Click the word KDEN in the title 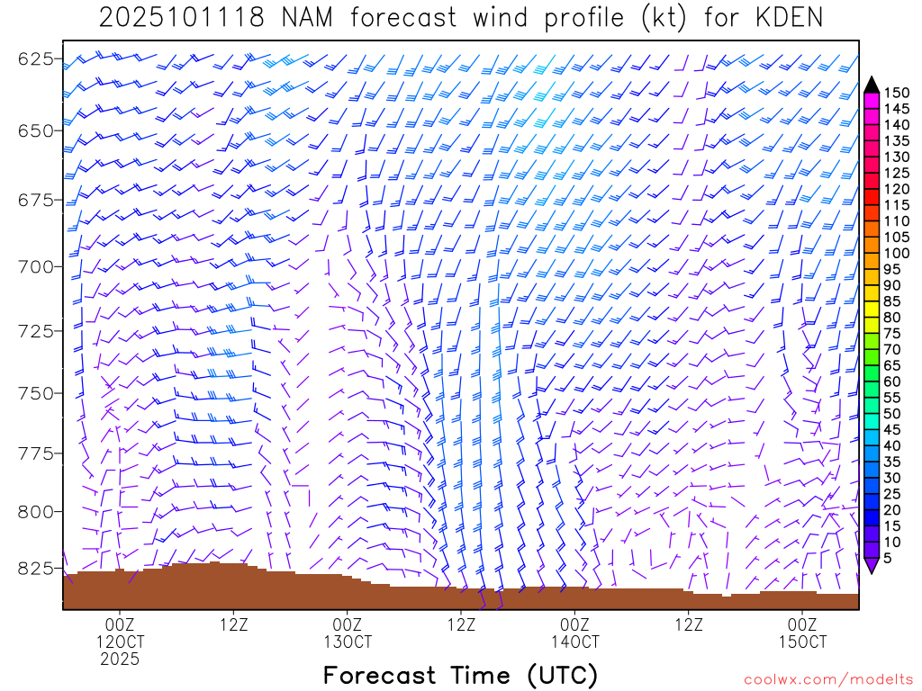(x=782, y=18)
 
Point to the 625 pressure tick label (x=36, y=60)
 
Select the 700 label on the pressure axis (x=36, y=266)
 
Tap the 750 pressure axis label (x=36, y=393)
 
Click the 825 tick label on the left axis (x=36, y=569)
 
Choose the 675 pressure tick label (x=36, y=200)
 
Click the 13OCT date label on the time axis (x=348, y=642)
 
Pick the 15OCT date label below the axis (x=802, y=642)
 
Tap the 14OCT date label (x=575, y=642)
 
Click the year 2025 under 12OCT (x=120, y=660)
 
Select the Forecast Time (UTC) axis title (x=460, y=675)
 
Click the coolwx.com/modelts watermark (x=828, y=679)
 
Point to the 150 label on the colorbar (x=897, y=93)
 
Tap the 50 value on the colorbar (x=893, y=413)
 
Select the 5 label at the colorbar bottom (x=890, y=557)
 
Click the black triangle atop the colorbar (x=872, y=85)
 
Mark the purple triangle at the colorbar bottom (x=872, y=565)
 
